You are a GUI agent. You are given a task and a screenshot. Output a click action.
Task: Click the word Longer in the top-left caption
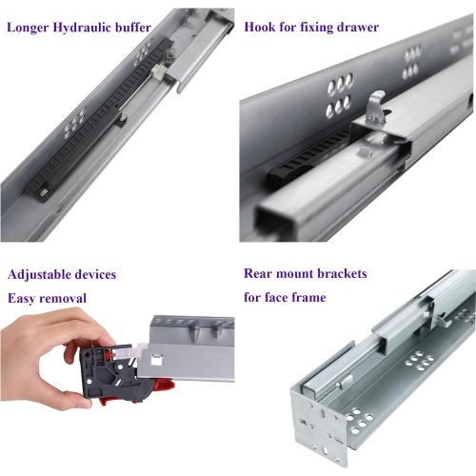point(30,27)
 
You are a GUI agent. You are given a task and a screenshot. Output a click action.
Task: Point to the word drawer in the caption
point(355,27)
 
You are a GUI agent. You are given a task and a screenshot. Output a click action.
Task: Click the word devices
point(96,274)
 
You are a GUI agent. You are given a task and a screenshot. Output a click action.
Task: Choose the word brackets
point(339,274)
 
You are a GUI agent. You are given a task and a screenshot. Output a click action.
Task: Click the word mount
point(299,274)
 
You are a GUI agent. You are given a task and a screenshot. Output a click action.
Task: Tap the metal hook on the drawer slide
point(377,108)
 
